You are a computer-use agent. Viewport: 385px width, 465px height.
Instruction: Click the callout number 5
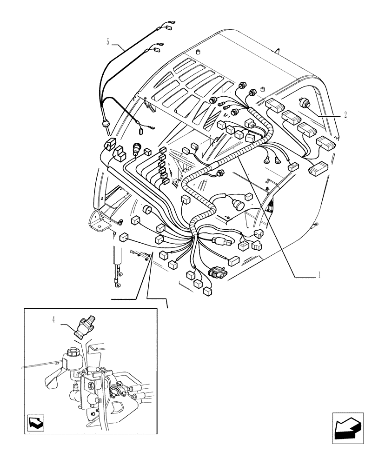pos(108,42)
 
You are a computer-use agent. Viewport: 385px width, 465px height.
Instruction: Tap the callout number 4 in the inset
pos(53,319)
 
